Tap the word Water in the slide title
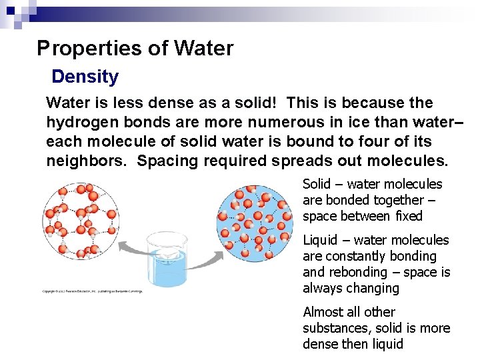click(203, 49)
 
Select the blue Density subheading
click(85, 77)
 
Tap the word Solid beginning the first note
click(317, 184)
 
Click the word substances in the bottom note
click(335, 328)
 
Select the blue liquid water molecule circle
click(255, 223)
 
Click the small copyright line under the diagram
click(92, 291)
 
